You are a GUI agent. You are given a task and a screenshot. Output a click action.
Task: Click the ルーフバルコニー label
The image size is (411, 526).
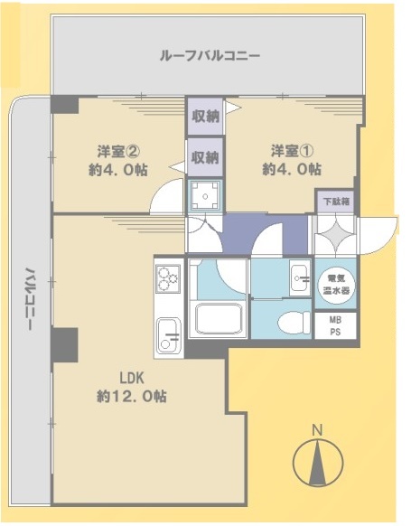[x=210, y=55]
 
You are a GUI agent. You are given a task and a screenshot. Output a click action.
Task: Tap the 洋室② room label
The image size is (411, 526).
[x=118, y=152]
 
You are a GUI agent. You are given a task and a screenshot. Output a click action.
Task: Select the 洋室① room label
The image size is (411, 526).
[x=293, y=151]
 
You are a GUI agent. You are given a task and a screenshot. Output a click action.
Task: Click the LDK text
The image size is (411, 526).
[x=132, y=378]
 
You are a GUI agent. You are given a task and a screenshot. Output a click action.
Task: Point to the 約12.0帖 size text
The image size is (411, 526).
[x=132, y=397]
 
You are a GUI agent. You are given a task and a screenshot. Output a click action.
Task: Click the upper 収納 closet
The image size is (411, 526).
[x=205, y=116]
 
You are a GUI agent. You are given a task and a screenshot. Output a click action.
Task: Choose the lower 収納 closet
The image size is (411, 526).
[x=205, y=157]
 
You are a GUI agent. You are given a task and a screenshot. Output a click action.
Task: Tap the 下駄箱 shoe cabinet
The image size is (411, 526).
[x=336, y=202]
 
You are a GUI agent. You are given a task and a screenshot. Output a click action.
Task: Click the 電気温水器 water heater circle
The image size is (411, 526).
[x=336, y=285]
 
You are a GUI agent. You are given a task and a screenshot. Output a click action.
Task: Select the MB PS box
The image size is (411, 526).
[x=335, y=325]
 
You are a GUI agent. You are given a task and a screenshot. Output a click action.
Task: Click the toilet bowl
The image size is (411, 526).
[x=294, y=322]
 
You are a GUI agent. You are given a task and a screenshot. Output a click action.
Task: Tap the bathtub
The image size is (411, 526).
[x=217, y=320]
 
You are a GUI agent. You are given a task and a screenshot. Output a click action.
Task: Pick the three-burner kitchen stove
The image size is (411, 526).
[x=168, y=279]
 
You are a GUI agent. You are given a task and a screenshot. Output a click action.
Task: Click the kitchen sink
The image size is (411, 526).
[x=169, y=335]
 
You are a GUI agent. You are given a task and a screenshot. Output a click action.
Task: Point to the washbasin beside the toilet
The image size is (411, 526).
[x=301, y=277]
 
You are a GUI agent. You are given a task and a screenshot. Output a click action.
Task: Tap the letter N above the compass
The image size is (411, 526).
[x=317, y=430]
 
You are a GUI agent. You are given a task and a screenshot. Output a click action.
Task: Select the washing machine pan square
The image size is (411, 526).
[x=205, y=196]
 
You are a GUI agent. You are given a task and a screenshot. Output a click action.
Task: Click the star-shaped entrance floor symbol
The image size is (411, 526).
[x=335, y=234]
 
